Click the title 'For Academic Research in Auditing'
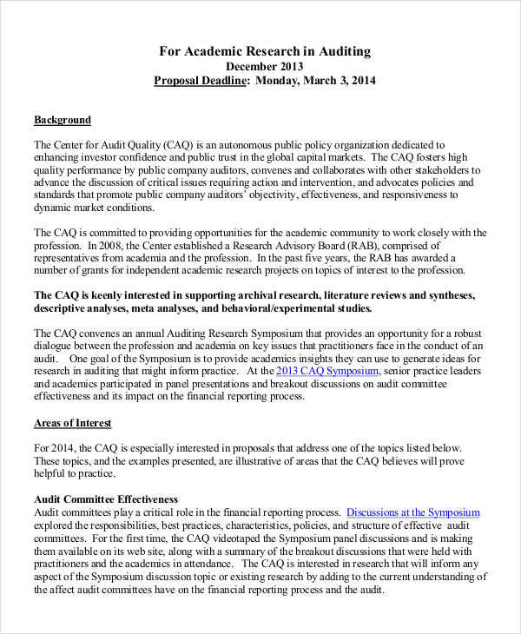tap(264, 51)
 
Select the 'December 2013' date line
tap(264, 66)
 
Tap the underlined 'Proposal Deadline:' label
tap(202, 82)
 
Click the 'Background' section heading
tap(62, 120)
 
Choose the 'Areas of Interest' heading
tap(72, 423)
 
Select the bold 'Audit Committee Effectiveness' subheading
tap(106, 499)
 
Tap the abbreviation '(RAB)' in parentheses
tap(342, 246)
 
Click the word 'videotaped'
tap(247, 538)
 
